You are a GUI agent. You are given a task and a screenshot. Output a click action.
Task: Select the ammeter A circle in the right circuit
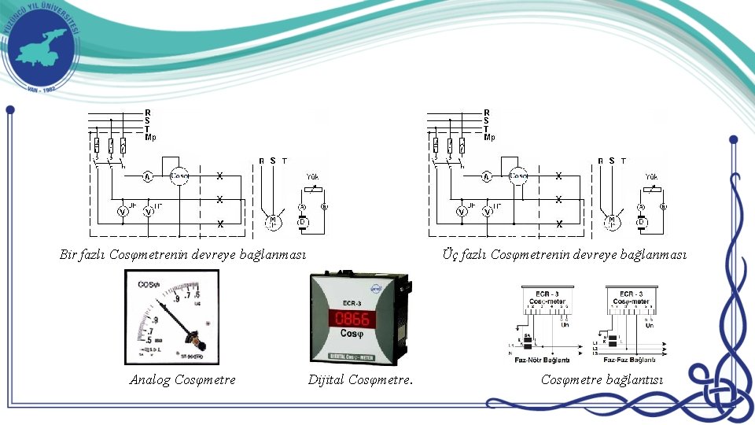pos(487,176)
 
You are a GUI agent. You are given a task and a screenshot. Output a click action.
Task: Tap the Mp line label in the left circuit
pos(150,137)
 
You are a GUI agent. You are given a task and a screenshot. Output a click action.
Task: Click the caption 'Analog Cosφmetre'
pos(182,380)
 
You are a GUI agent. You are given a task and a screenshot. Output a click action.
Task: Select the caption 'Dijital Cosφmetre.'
pos(360,380)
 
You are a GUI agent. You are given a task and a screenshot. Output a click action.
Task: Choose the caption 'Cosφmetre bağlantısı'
pos(602,380)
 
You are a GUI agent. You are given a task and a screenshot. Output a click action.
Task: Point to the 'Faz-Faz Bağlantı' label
pos(631,360)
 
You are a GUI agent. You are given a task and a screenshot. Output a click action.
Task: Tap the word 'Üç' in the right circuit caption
pos(449,254)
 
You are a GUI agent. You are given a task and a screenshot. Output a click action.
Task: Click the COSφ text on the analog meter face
pos(149,285)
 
